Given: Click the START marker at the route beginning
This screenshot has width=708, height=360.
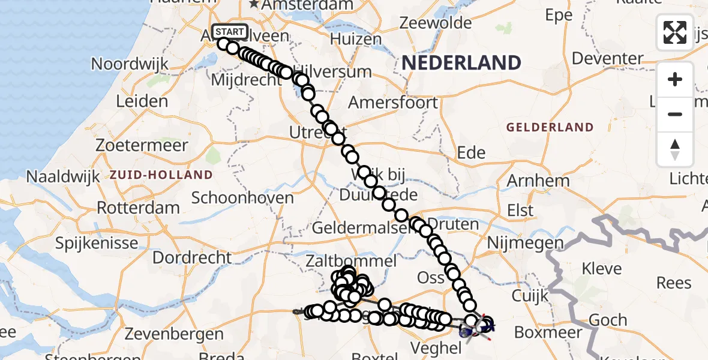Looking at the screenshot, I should [229, 32].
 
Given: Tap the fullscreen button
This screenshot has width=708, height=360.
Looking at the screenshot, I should [675, 32].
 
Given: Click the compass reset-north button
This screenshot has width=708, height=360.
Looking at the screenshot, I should [675, 149].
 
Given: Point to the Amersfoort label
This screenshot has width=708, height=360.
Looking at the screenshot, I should [393, 103].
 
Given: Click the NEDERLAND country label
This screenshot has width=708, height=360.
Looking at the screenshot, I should [461, 62].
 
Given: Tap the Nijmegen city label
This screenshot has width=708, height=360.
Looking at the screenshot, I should [526, 243].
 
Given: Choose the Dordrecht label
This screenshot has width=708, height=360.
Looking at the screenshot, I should [192, 257].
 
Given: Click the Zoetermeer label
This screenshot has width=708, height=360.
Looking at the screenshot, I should [142, 146].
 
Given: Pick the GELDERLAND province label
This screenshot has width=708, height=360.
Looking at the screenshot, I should [550, 127].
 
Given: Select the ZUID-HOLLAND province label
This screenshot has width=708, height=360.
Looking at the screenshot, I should [161, 175].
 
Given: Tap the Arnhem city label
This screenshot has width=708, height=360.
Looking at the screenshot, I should [538, 181].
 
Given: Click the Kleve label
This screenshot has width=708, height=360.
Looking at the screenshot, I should [602, 268].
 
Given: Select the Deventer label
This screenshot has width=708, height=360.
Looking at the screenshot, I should [608, 59].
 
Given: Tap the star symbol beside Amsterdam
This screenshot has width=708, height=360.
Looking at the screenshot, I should [254, 5].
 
